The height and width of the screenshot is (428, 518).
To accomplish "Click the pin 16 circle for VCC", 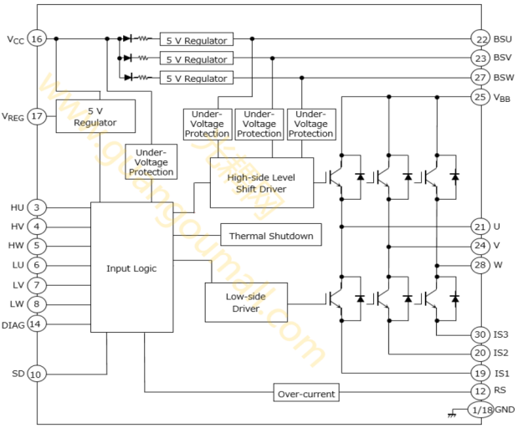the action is point(37,39).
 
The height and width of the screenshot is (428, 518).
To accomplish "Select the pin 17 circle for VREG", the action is point(37,116).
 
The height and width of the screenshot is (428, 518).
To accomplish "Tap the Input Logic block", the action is point(132,267).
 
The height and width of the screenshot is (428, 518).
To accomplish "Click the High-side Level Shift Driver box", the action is point(262,183).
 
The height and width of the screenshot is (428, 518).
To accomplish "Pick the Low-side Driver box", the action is point(246,303).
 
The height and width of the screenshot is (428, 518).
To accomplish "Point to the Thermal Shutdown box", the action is point(271,235).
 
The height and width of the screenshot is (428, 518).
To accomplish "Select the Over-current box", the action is point(306,392).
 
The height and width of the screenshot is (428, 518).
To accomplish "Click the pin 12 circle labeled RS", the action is point(480,391).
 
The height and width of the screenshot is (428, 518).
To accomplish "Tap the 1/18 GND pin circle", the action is point(480,410).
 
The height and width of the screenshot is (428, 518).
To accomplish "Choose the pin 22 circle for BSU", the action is point(480,39).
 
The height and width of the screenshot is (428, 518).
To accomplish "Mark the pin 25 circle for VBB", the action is point(480,97).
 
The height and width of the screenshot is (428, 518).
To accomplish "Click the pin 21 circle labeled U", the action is point(480,227).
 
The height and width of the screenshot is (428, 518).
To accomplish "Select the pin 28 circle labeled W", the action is point(480,265).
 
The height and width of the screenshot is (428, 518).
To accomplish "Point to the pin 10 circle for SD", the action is point(36,374).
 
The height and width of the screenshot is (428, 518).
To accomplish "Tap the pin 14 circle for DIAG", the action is point(36,324).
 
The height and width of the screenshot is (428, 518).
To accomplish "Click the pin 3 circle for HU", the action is point(36,207).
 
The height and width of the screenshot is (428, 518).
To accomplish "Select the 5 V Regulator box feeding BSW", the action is point(197,78).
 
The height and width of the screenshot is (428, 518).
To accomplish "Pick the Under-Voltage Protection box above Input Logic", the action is point(151,161).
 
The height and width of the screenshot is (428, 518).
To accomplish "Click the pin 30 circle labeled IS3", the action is point(480,334).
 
